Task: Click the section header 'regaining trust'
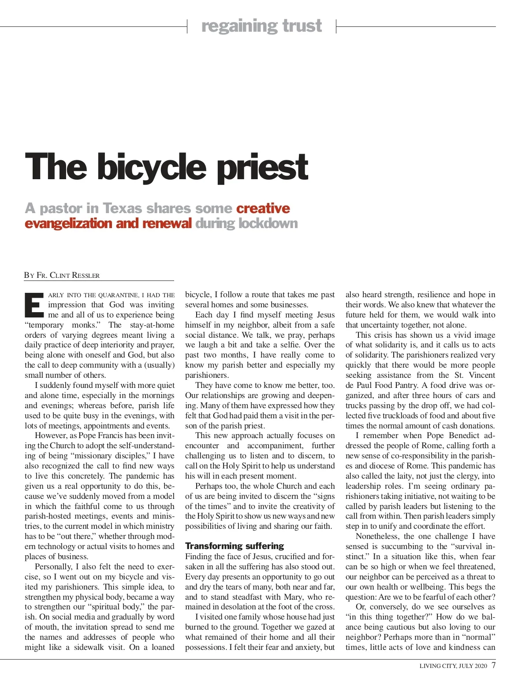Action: pos(262,26)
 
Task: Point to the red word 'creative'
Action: pos(263,208)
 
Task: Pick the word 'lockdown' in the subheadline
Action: pos(268,223)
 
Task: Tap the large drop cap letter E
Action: pos(34,305)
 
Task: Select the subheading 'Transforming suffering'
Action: pos(235,546)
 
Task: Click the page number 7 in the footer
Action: pos(493,665)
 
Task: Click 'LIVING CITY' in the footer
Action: pos(438,666)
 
